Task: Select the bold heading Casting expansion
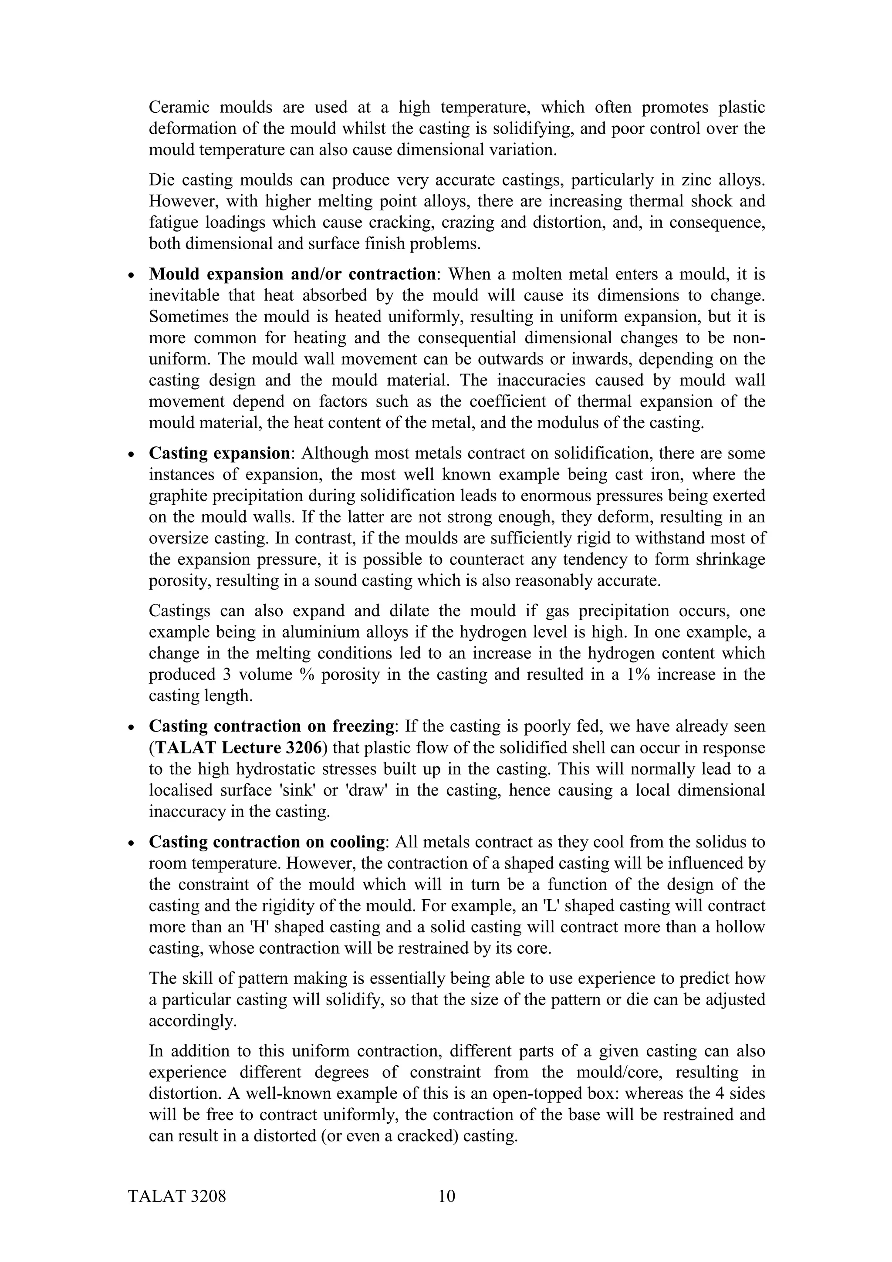pyautogui.click(x=219, y=453)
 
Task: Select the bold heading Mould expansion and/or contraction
pyautogui.click(x=292, y=274)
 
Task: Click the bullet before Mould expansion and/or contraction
pyautogui.click(x=130, y=275)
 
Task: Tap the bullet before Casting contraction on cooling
pyautogui.click(x=130, y=843)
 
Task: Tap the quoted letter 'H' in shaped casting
pyautogui.click(x=258, y=927)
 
